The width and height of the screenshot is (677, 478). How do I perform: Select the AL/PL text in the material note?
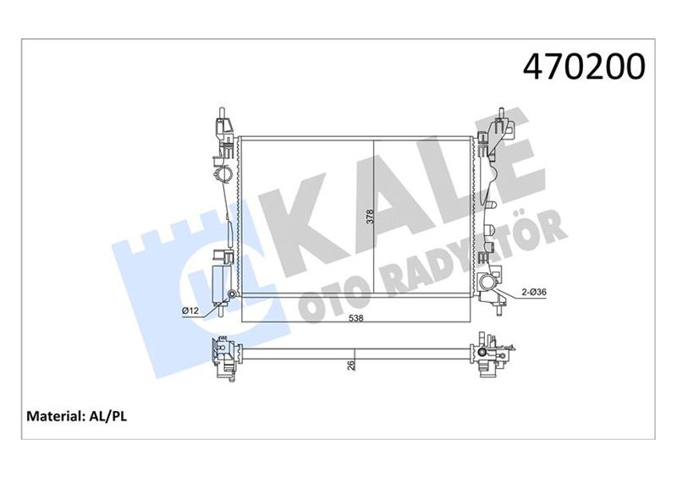110,416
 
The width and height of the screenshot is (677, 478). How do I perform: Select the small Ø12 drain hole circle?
231,294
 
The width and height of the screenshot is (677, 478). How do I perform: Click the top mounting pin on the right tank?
502,115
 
